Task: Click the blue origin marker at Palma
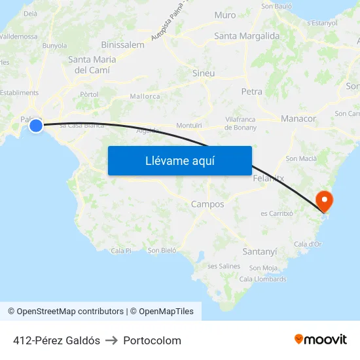pos(36,126)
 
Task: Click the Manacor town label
pos(298,118)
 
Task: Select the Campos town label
pos(207,204)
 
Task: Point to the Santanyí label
pos(260,251)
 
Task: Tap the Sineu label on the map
pos(204,73)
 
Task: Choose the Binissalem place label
pos(123,45)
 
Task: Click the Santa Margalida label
pos(247,36)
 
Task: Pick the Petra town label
pos(251,92)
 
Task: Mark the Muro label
pos(225,15)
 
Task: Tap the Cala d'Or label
pos(308,244)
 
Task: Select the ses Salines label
pos(224,266)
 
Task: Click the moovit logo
pos(321,340)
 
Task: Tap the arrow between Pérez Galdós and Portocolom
pos(111,340)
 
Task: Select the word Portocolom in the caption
pos(152,340)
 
